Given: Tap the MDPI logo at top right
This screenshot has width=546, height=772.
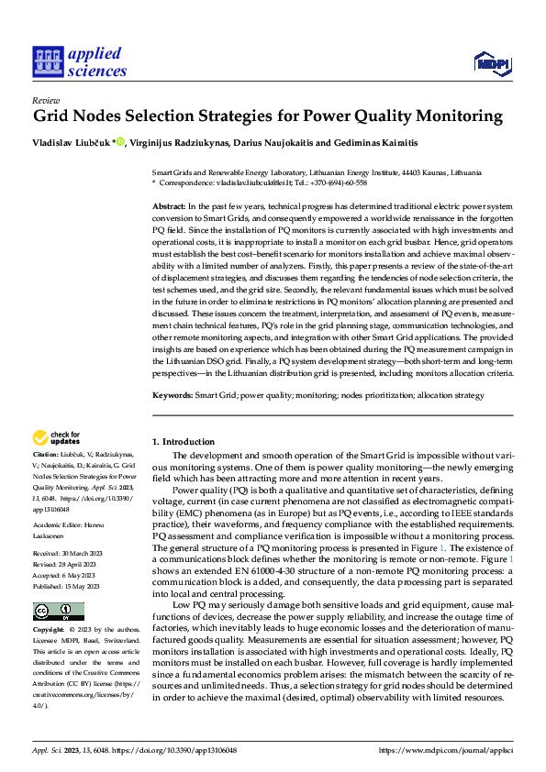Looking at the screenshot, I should [x=494, y=62].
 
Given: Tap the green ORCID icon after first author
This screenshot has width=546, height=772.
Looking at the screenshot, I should [x=120, y=141].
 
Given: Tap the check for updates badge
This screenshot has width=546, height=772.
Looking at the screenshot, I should [x=59, y=436].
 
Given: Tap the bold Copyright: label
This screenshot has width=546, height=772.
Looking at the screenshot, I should [x=50, y=632].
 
